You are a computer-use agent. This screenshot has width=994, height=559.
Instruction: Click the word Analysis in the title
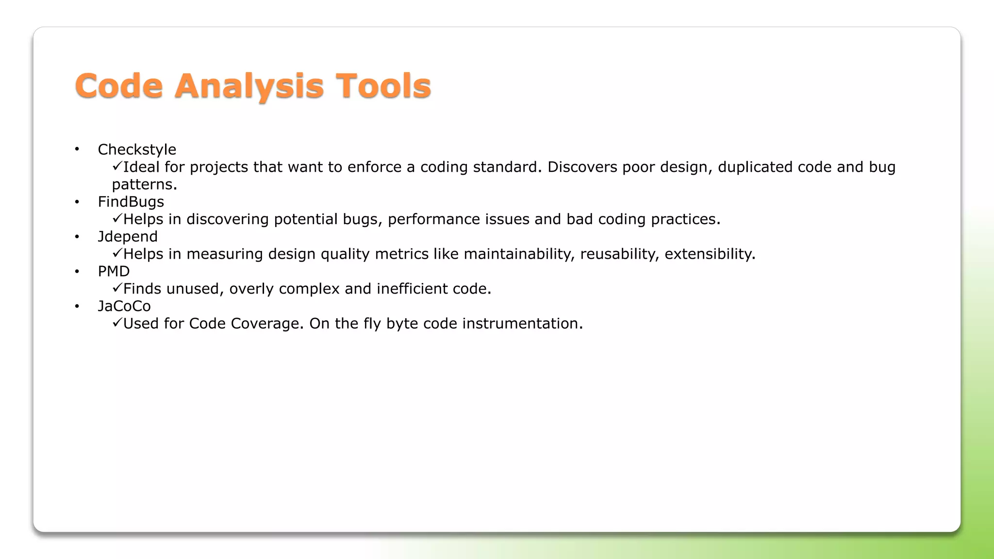248,86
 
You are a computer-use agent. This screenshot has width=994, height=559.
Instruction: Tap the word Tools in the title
383,86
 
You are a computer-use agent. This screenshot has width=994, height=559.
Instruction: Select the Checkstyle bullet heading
137,149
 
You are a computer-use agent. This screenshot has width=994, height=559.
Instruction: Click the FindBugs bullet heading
131,202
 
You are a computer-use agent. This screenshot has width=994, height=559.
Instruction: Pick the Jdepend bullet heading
128,237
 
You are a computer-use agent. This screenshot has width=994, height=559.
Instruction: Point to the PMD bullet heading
114,271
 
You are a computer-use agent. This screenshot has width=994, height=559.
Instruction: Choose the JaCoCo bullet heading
124,306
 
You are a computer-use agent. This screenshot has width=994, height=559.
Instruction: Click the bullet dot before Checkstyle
77,149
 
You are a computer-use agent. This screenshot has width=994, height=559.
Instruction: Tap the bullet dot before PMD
77,272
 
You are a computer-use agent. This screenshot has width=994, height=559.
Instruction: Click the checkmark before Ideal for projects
117,166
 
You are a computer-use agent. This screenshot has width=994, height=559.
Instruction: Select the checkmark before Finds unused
117,288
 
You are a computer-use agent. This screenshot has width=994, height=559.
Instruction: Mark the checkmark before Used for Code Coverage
117,323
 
